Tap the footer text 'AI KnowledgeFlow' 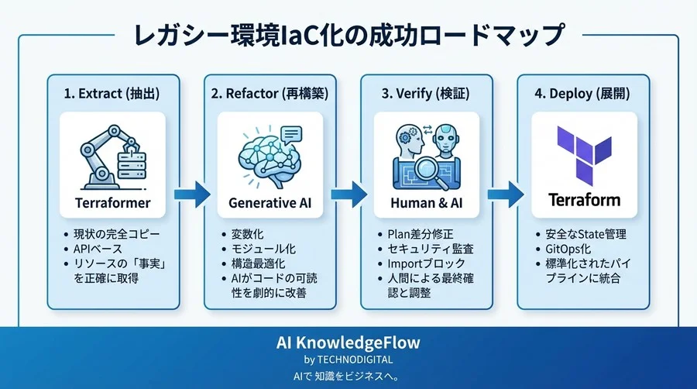click(x=348, y=343)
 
